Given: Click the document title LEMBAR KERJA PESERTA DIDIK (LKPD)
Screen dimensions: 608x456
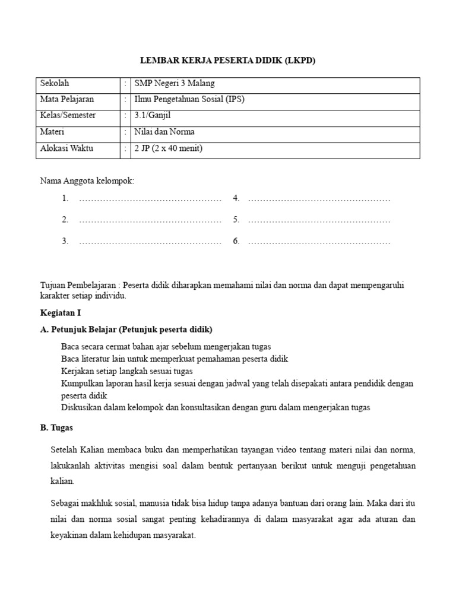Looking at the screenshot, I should [228, 61].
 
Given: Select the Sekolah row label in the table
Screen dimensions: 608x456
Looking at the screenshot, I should [55, 84].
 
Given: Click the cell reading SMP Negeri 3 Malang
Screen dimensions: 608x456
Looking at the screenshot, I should [175, 84].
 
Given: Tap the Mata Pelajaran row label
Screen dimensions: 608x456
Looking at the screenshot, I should [66, 100].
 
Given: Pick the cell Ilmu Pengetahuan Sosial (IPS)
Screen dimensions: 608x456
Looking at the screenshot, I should [189, 100].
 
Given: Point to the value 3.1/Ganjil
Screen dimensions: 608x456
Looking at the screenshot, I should [153, 116].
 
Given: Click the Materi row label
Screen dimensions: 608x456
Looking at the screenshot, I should [52, 132].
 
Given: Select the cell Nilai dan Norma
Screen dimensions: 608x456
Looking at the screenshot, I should [164, 132].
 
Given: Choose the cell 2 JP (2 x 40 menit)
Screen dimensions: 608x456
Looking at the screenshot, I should [169, 148].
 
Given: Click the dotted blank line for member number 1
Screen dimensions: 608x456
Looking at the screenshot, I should [150, 199].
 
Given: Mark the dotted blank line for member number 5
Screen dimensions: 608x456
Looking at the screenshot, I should [319, 220].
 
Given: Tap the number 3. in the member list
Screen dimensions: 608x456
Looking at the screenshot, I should [65, 241].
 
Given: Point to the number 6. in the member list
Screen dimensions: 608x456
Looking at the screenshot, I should [236, 241].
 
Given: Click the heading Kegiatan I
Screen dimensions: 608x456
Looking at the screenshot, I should [60, 312].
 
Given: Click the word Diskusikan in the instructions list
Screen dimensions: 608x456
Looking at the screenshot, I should [81, 407].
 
